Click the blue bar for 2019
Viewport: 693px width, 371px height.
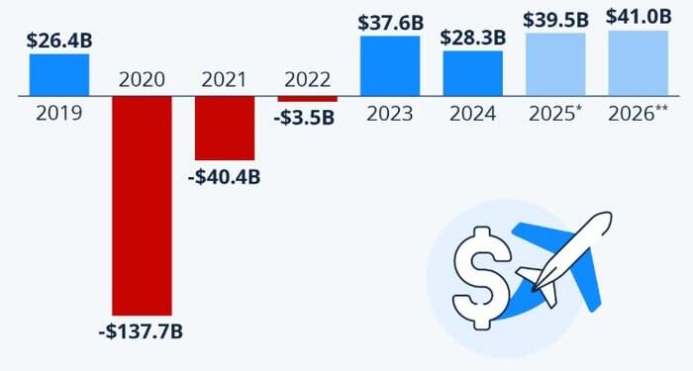pos(58,74)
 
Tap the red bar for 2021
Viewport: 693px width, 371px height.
pos(224,128)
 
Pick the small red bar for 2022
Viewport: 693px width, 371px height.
pos(307,99)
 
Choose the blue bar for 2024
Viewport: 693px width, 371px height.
pos(472,73)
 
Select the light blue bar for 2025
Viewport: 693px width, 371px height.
pos(555,63)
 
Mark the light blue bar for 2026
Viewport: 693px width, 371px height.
pos(638,62)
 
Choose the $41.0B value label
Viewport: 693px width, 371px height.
pos(638,17)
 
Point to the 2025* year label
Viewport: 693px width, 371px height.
pos(555,112)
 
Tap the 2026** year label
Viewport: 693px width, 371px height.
pos(638,112)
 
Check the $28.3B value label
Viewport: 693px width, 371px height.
pos(472,37)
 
